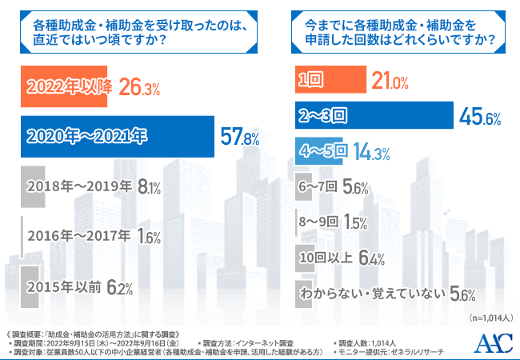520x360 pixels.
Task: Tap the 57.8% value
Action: coord(239,137)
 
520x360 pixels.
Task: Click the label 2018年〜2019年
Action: coord(79,187)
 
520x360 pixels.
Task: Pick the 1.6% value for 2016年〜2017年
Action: coord(149,237)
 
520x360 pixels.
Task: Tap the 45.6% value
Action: coord(480,118)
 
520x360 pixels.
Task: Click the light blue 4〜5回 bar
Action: coord(322,150)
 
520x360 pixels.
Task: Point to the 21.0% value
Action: coord(390,82)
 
